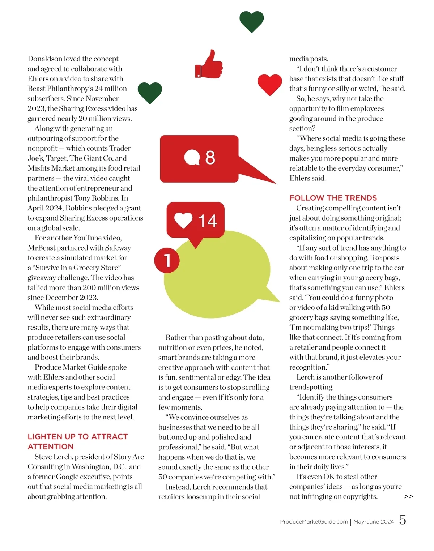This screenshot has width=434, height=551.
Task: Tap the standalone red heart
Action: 269,84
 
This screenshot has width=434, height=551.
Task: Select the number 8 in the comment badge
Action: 210,158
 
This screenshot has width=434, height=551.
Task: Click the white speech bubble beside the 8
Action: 192,157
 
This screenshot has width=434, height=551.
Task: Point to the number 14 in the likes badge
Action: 208,221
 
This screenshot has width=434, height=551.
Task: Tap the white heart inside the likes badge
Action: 183,220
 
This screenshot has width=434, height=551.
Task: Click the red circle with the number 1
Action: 167,260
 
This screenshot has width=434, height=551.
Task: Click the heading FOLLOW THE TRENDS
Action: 333,198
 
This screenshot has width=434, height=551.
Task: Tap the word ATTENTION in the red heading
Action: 51,447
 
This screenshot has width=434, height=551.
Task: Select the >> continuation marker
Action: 408,497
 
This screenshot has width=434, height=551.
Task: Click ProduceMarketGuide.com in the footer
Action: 314,522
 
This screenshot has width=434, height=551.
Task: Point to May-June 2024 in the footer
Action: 374,522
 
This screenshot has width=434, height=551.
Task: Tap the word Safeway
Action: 118,248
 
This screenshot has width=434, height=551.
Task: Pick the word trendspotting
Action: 311,387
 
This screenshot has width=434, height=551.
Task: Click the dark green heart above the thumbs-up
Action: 251,21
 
